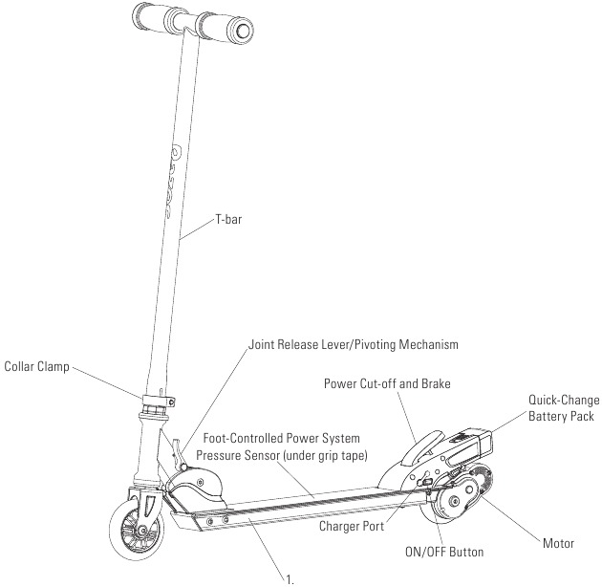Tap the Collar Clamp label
point(36,365)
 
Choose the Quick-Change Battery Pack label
point(562,408)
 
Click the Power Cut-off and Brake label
point(386,383)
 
